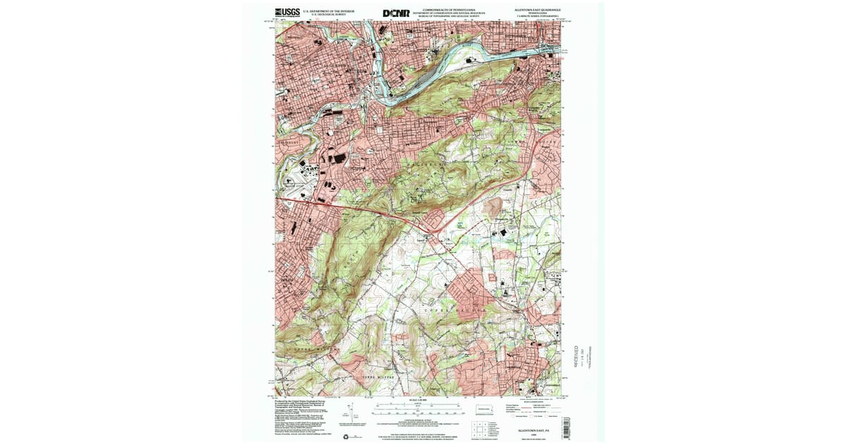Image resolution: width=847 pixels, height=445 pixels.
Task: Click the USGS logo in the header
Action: (x=287, y=12)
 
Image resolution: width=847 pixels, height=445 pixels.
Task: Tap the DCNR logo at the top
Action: (x=396, y=13)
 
